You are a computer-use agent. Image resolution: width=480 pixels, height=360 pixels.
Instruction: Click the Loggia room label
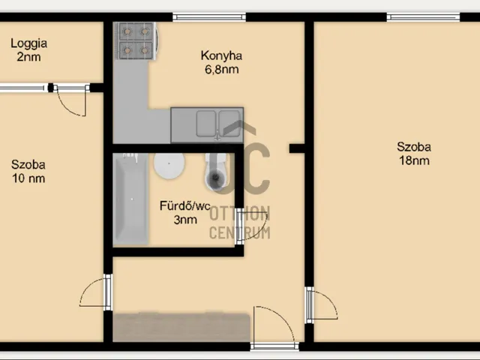click(29, 43)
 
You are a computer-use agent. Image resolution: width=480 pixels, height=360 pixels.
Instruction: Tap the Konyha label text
click(222, 55)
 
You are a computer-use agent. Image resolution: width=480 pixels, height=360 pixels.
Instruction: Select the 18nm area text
click(414, 160)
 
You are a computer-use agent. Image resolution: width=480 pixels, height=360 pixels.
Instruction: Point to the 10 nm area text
click(28, 178)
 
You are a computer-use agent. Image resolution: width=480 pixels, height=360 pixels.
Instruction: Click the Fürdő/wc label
click(185, 205)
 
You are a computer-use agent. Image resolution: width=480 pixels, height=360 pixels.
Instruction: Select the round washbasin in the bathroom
click(169, 166)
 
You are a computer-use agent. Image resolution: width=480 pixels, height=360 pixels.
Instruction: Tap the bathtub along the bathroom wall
click(130, 199)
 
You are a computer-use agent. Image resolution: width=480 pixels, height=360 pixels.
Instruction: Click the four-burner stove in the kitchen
click(136, 40)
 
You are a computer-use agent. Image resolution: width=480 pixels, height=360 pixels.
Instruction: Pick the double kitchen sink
click(218, 124)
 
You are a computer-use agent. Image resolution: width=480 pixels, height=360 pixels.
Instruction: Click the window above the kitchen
click(209, 16)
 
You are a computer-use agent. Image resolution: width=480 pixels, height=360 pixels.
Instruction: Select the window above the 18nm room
click(423, 16)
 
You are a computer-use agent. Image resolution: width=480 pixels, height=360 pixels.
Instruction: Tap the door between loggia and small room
click(72, 100)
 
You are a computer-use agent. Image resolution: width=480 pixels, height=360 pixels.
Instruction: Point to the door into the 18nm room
click(322, 305)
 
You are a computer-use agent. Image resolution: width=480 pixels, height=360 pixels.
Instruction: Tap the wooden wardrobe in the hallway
click(181, 327)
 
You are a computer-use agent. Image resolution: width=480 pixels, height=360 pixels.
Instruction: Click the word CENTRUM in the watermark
click(240, 232)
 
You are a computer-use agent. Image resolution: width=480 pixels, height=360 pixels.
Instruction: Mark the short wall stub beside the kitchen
click(297, 148)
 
